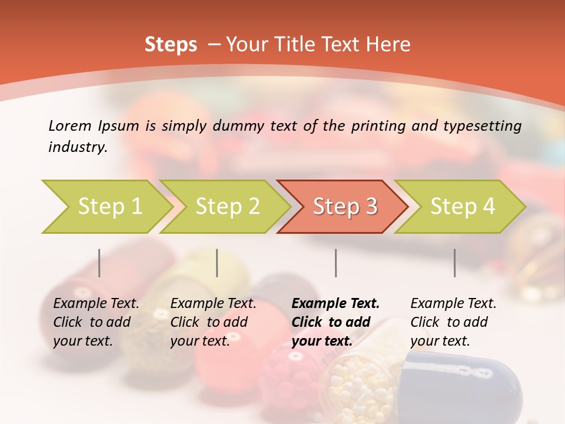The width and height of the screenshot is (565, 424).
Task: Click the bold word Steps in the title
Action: (x=171, y=45)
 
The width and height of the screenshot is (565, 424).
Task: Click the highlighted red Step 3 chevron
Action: (x=345, y=207)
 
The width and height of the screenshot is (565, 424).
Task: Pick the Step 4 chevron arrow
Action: (x=463, y=207)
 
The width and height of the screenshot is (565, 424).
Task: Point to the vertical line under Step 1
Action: (x=99, y=263)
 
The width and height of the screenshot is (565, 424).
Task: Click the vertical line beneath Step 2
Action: (x=217, y=263)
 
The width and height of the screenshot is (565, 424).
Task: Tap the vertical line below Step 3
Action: (x=336, y=263)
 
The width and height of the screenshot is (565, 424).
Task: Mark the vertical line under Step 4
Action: (x=455, y=263)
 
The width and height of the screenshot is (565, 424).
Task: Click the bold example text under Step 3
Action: (x=335, y=322)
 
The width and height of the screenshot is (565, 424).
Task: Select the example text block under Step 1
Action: (x=96, y=322)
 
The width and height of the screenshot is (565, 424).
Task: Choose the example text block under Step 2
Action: (x=213, y=322)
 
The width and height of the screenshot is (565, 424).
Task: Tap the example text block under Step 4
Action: (x=453, y=322)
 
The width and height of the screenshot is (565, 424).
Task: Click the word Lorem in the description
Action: (x=69, y=126)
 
